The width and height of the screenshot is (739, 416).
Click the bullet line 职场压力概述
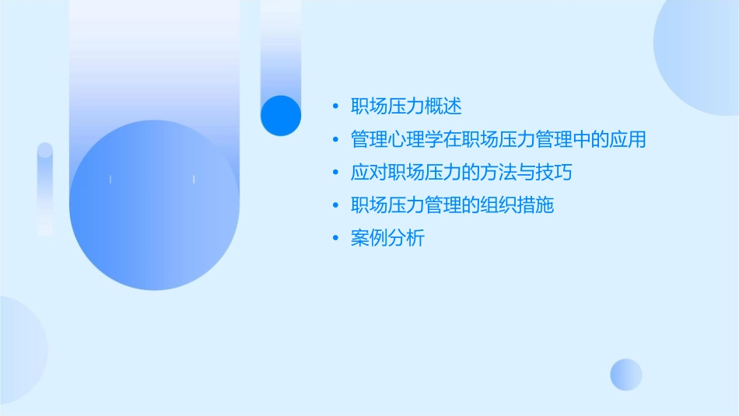click(x=407, y=107)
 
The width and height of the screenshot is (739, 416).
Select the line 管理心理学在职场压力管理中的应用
click(x=499, y=140)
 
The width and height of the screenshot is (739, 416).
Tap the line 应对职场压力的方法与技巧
click(x=461, y=173)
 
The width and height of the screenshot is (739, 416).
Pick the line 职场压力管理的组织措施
click(x=452, y=205)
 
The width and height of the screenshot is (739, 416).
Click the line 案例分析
click(x=387, y=239)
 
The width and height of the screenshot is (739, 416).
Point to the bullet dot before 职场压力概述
click(x=335, y=107)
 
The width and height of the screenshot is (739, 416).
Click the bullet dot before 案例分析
click(x=335, y=239)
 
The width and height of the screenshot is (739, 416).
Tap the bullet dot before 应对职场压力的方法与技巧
click(x=335, y=173)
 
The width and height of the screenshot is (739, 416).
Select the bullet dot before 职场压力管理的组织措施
click(x=335, y=206)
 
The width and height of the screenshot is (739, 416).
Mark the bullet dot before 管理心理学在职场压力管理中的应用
click(x=335, y=140)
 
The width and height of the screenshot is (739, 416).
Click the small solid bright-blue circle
click(x=281, y=115)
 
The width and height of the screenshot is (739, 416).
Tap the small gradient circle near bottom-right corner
click(x=626, y=374)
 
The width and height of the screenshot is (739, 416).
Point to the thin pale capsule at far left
click(x=45, y=188)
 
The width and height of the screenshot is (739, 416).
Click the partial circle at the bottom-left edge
click(x=19, y=350)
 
